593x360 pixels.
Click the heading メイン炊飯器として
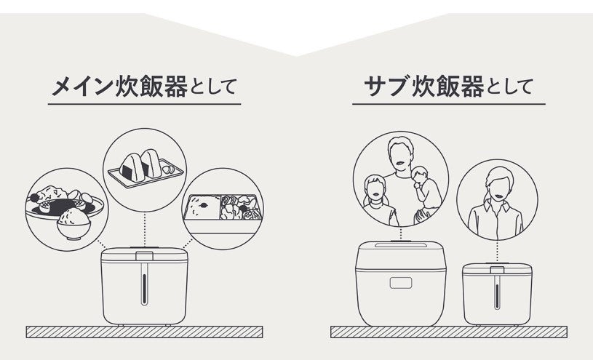click(x=144, y=89)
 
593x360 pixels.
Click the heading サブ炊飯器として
click(x=447, y=89)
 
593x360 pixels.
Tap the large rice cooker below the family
click(x=401, y=284)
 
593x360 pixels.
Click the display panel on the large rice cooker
click(x=402, y=282)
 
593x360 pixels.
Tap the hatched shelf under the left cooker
click(x=145, y=332)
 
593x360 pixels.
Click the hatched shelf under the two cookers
click(x=449, y=332)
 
